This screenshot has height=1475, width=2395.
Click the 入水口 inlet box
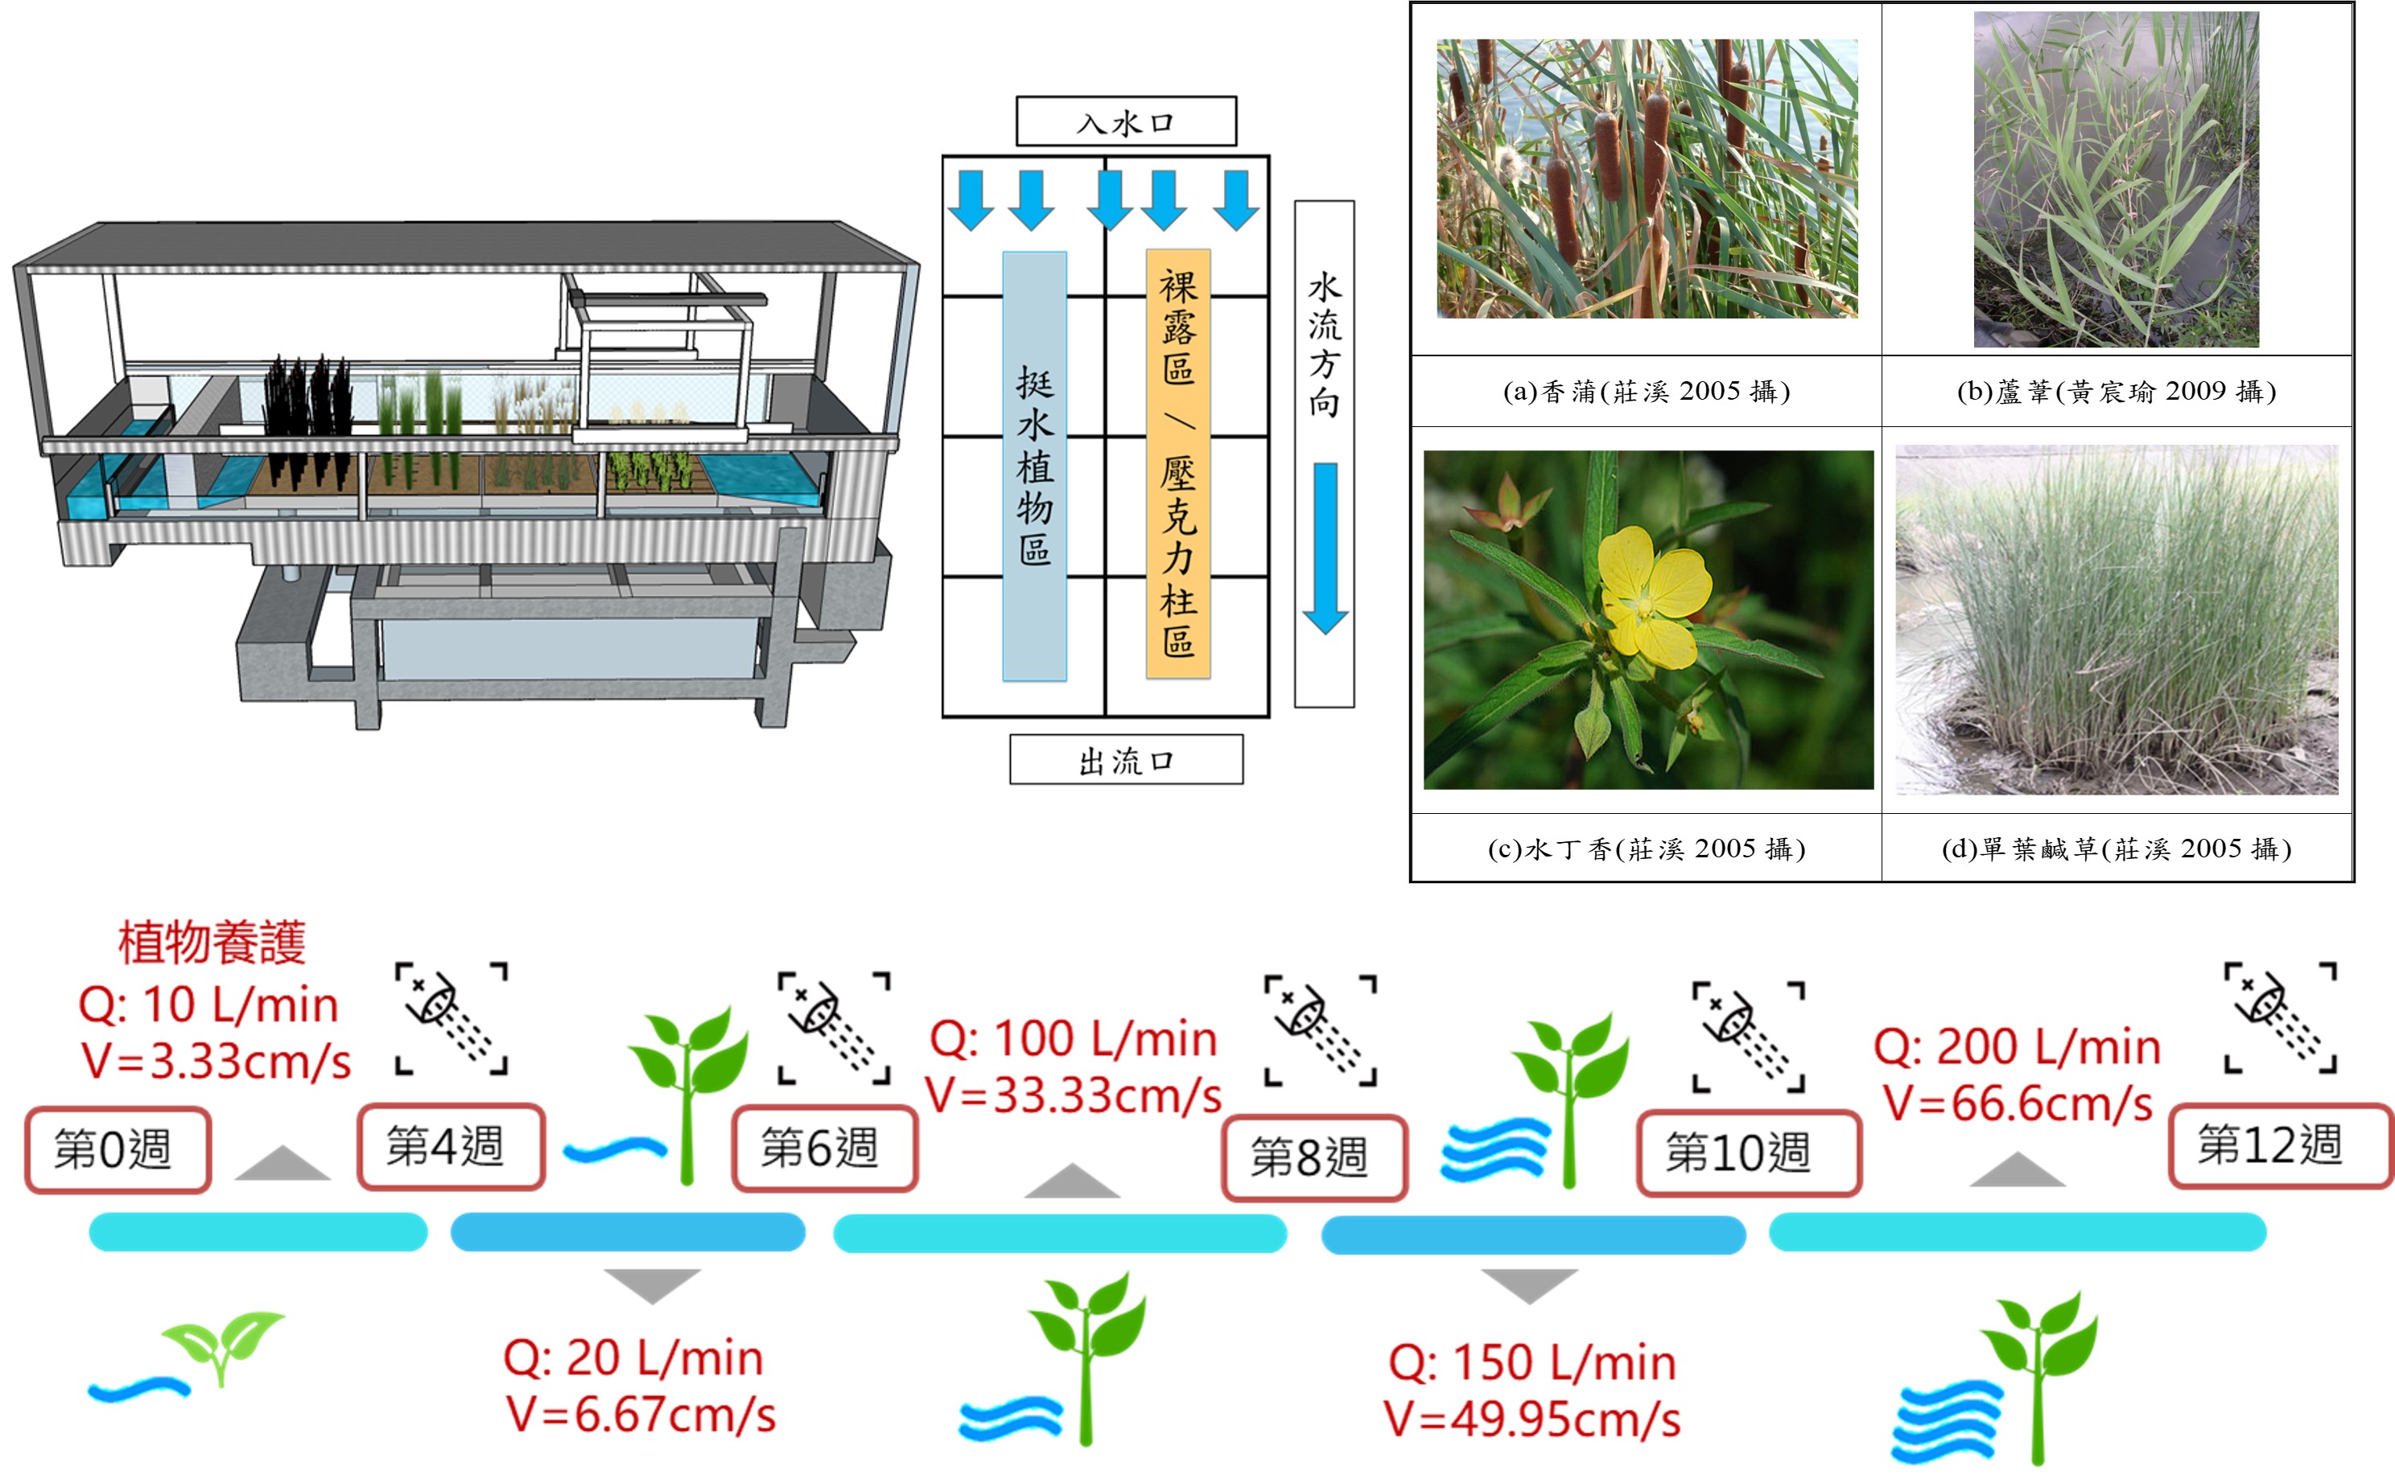click(x=1126, y=121)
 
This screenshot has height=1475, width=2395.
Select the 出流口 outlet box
click(x=1126, y=759)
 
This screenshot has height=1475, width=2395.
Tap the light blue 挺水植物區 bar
click(x=1034, y=466)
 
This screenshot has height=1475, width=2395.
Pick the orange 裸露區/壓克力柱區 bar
click(x=1178, y=463)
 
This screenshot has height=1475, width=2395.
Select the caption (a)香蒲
click(x=1646, y=391)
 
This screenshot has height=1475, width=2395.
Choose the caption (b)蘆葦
click(x=2116, y=391)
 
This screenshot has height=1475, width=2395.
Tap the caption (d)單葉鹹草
click(x=2116, y=848)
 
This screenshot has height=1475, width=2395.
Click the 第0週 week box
click(x=118, y=1150)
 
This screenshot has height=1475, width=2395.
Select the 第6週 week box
click(x=825, y=1148)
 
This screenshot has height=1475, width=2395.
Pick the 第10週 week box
click(x=1748, y=1153)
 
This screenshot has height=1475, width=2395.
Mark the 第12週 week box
click(x=2281, y=1145)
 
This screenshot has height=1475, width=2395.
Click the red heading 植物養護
click(x=212, y=943)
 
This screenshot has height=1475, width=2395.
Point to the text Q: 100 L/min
click(x=1073, y=1039)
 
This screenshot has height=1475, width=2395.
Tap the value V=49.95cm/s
click(x=1531, y=1420)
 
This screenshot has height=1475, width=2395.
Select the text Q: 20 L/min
click(x=633, y=1358)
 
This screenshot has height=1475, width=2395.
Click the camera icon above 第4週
click(x=451, y=1018)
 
